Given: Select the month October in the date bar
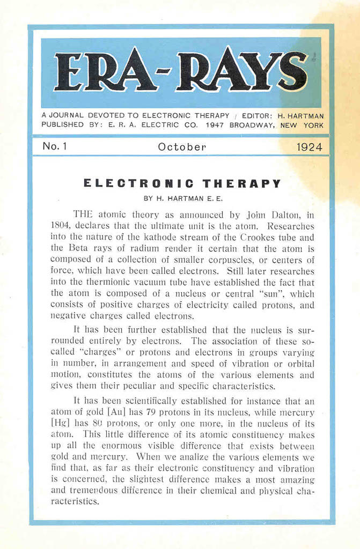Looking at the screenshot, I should coord(182,147).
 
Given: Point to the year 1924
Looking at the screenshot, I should coord(310,147).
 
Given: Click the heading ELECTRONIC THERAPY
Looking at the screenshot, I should coord(182,183).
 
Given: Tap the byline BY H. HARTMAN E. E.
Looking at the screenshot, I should coord(182,198).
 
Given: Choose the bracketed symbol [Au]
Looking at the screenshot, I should coord(117,412).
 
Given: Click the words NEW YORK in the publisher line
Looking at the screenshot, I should coord(303,125).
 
